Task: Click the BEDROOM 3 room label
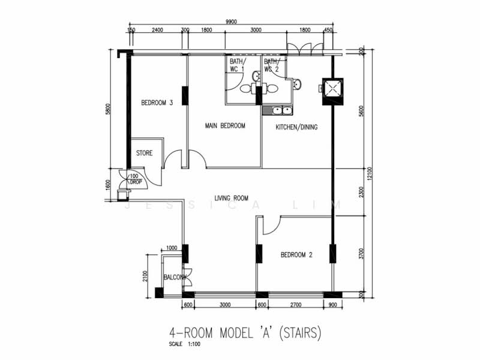[x=157, y=103]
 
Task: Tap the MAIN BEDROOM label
[x=224, y=125]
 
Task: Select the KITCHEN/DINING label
[x=296, y=127]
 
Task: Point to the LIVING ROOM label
[x=232, y=197]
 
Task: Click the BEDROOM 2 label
[x=296, y=255]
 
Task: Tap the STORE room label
[x=144, y=154]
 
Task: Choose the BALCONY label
[x=175, y=277]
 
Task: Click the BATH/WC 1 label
[x=237, y=65]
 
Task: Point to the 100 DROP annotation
[x=135, y=179]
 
